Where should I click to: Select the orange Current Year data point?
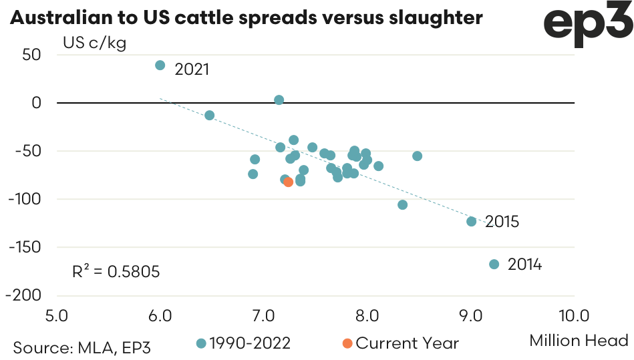tap(289, 182)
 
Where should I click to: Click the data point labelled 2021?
tap(160, 65)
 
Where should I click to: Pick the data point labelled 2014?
tap(494, 264)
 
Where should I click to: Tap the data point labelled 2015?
tap(472, 222)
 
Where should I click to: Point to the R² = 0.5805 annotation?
tap(116, 272)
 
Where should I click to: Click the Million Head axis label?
tap(579, 341)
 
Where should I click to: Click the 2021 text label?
tap(192, 69)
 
